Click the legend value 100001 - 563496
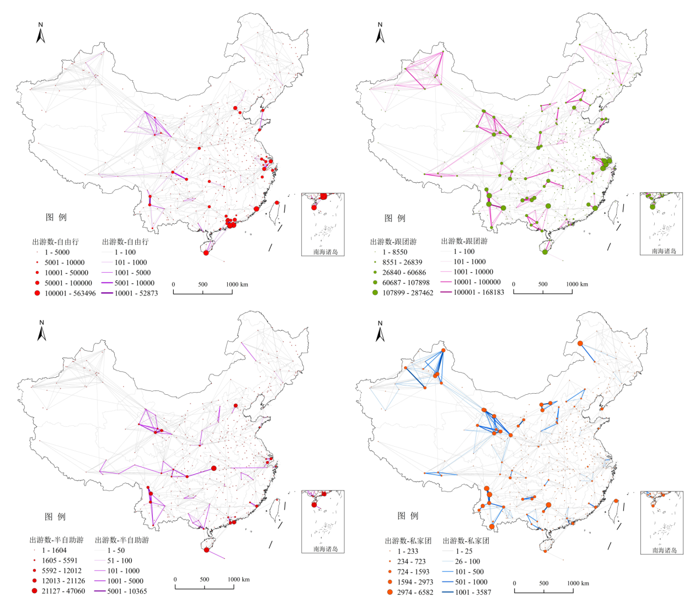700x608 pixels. (70, 293)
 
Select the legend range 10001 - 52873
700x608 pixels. (136, 293)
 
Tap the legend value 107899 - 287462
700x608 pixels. (408, 293)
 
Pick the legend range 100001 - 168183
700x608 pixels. (479, 292)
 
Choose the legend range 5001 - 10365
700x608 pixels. (127, 591)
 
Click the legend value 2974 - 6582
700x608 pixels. (415, 592)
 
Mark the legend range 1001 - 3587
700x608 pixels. (473, 592)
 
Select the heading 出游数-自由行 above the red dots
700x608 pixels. (55, 241)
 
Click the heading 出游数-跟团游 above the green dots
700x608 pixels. (393, 241)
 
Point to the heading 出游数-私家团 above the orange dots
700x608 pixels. (408, 541)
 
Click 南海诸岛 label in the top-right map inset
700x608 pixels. (664, 251)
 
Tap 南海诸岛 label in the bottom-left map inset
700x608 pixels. (325, 549)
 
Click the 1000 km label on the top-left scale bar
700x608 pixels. (237, 284)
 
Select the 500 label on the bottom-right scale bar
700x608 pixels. (544, 583)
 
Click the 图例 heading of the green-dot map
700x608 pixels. (394, 218)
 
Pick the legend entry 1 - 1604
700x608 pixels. (54, 550)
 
